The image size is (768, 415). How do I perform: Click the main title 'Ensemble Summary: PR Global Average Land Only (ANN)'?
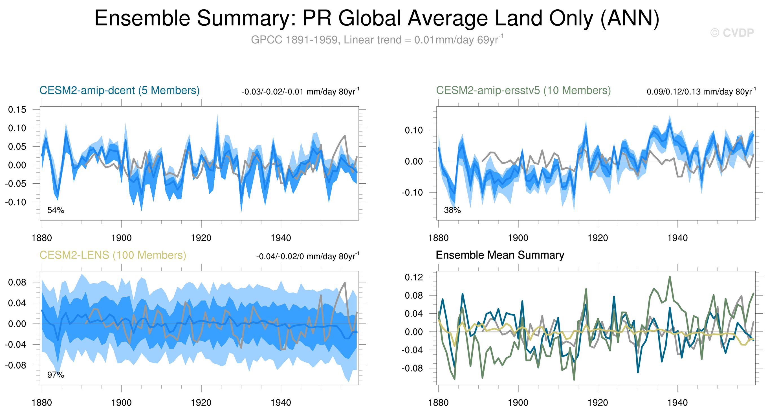coord(377,19)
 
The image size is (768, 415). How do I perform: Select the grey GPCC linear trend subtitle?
coord(377,40)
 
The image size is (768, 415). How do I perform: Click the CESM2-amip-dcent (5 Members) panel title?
coord(119,90)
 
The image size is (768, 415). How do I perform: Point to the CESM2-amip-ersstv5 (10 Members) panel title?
coord(523,90)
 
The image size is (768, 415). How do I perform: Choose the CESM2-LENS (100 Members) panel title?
coord(113,255)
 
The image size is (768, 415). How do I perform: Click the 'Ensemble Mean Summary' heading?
coord(500,255)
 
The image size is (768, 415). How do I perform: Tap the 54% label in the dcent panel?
coord(56,210)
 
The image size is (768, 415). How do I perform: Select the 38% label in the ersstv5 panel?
coord(452,210)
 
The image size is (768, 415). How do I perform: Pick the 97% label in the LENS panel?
coord(56,375)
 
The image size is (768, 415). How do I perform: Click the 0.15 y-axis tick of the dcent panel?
coord(17,110)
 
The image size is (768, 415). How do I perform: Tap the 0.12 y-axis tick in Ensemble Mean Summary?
coord(414,277)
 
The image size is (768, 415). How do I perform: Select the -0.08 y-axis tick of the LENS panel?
coord(16,365)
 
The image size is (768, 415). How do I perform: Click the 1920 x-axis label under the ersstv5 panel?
coord(597,238)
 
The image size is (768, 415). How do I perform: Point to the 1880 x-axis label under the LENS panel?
coord(42,403)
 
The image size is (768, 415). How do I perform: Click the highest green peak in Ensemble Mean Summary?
coord(670,277)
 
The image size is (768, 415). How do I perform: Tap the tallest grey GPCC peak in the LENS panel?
coord(345,283)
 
